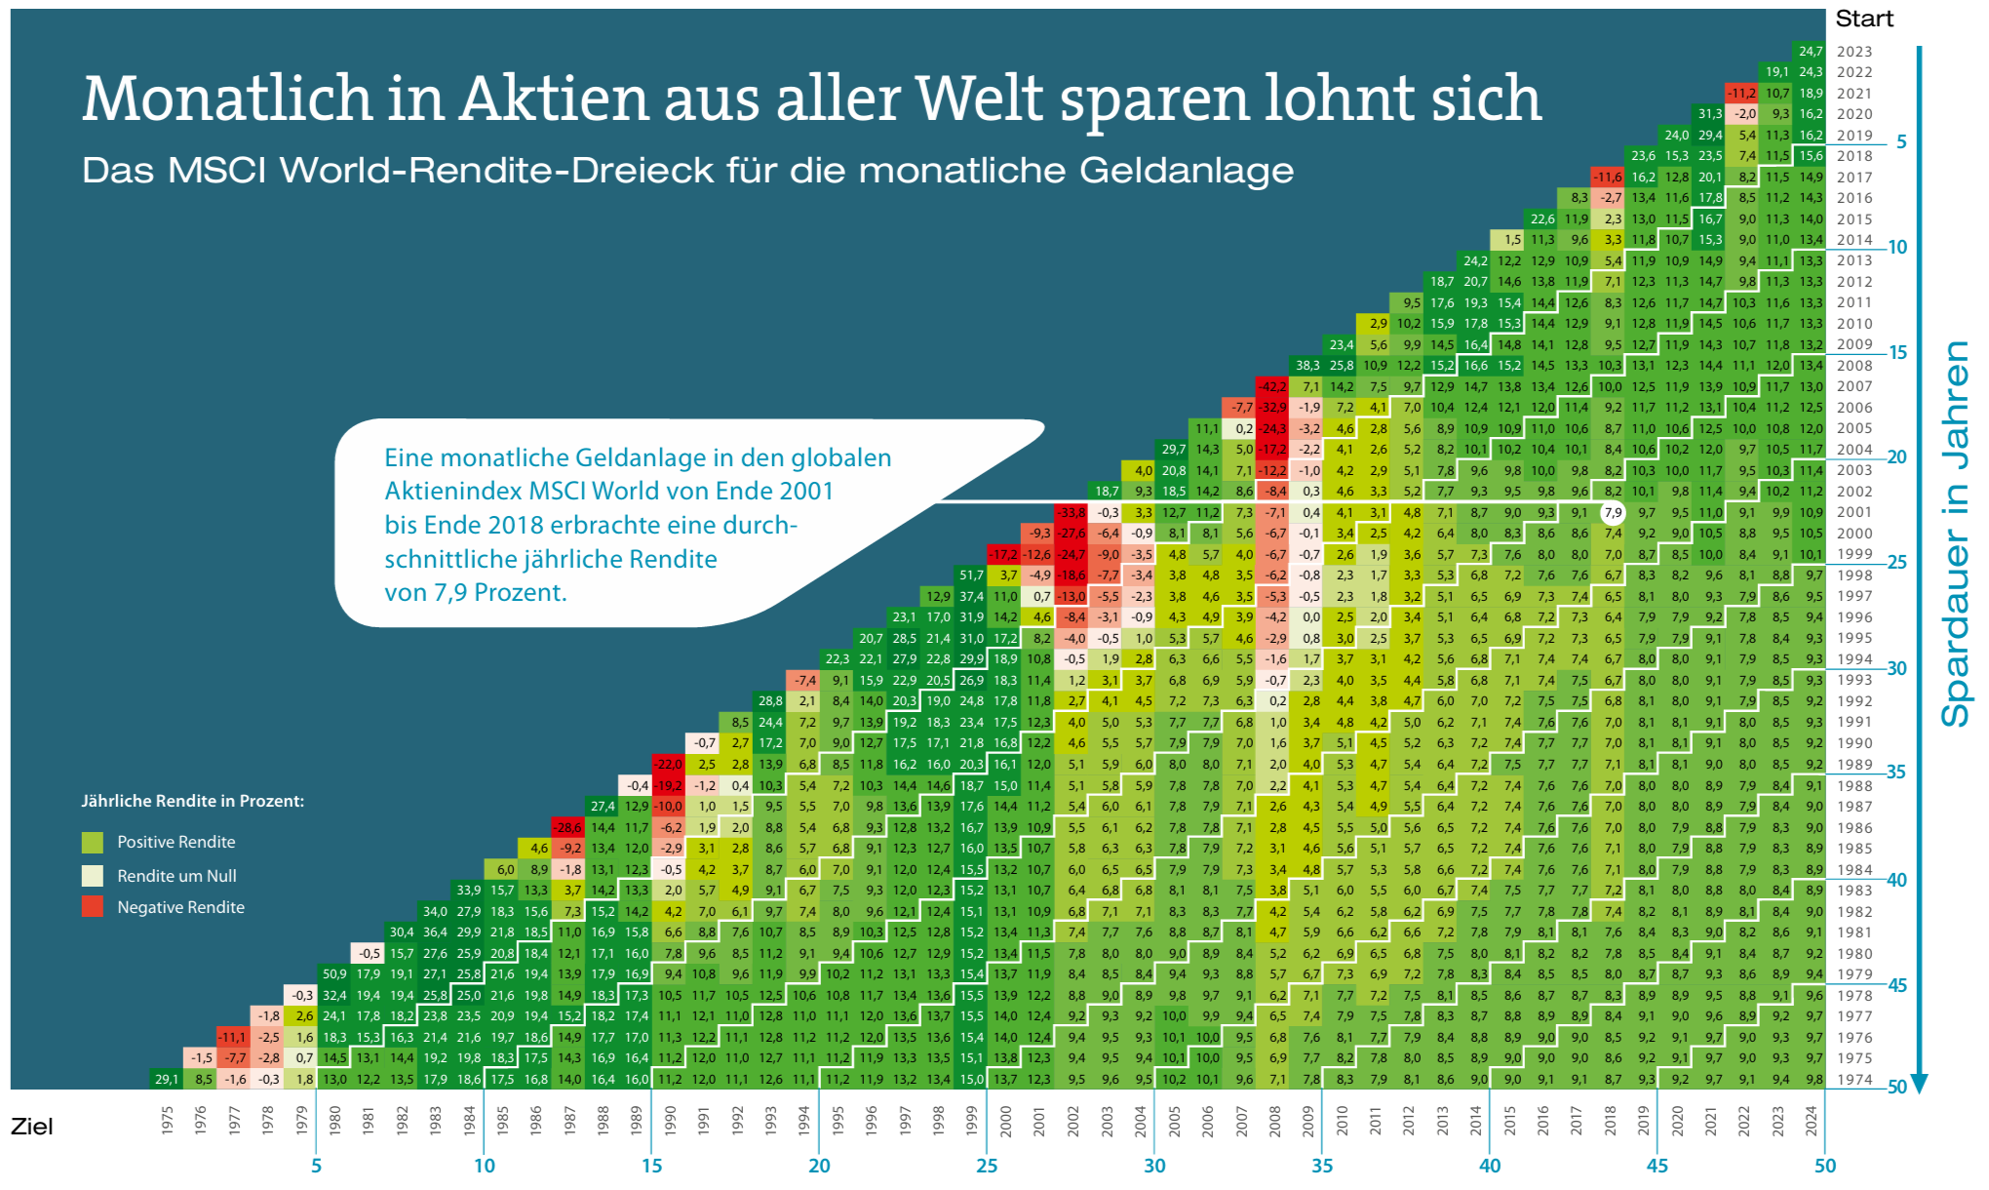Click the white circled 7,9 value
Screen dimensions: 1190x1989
tap(1613, 512)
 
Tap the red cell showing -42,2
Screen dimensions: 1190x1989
tap(1273, 386)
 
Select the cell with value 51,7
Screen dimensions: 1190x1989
tap(971, 575)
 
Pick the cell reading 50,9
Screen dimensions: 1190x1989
tap(334, 973)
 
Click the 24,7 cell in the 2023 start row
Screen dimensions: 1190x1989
tap(1811, 51)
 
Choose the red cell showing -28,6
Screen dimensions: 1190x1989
tap(568, 827)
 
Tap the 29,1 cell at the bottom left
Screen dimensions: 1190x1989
tap(167, 1079)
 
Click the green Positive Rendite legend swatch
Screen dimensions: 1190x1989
tap(93, 842)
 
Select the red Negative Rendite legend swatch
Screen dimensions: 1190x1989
tap(93, 906)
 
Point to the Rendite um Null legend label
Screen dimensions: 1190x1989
tap(176, 876)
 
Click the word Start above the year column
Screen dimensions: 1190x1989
tap(1863, 19)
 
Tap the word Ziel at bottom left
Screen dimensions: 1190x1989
tap(31, 1127)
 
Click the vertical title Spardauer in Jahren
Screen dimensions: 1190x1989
tap(1954, 534)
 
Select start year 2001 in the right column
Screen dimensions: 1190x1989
tap(1853, 512)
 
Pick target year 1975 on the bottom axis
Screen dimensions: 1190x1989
tap(167, 1120)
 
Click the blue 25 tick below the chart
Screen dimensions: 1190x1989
tap(987, 1166)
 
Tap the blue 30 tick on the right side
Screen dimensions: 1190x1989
tap(1896, 668)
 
